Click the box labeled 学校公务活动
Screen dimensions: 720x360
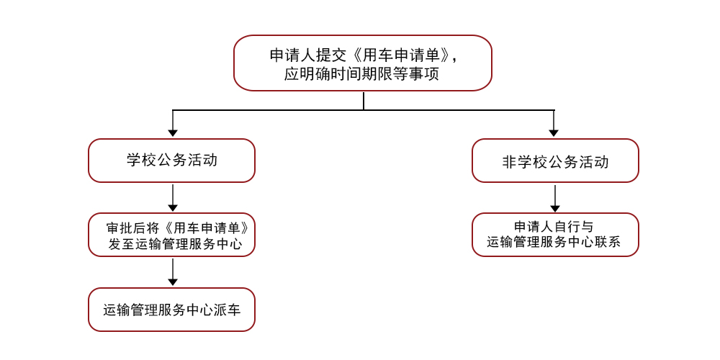(171, 161)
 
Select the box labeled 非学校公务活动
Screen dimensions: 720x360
(555, 161)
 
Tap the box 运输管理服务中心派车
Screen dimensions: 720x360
(171, 310)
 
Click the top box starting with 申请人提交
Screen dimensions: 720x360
(363, 63)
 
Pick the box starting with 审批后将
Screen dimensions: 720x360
(171, 235)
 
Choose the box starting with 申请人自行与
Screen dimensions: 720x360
(555, 235)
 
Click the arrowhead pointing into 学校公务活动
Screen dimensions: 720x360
(173, 132)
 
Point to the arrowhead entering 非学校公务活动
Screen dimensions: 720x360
(554, 132)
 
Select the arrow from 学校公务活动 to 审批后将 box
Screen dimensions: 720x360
(173, 198)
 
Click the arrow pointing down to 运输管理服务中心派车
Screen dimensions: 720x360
(173, 272)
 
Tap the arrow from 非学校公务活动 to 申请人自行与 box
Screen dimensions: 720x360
(555, 198)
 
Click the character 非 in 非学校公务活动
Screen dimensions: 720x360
(510, 162)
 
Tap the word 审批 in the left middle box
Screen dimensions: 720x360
(117, 228)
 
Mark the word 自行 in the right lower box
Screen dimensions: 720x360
(569, 227)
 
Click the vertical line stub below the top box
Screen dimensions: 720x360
(363, 101)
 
